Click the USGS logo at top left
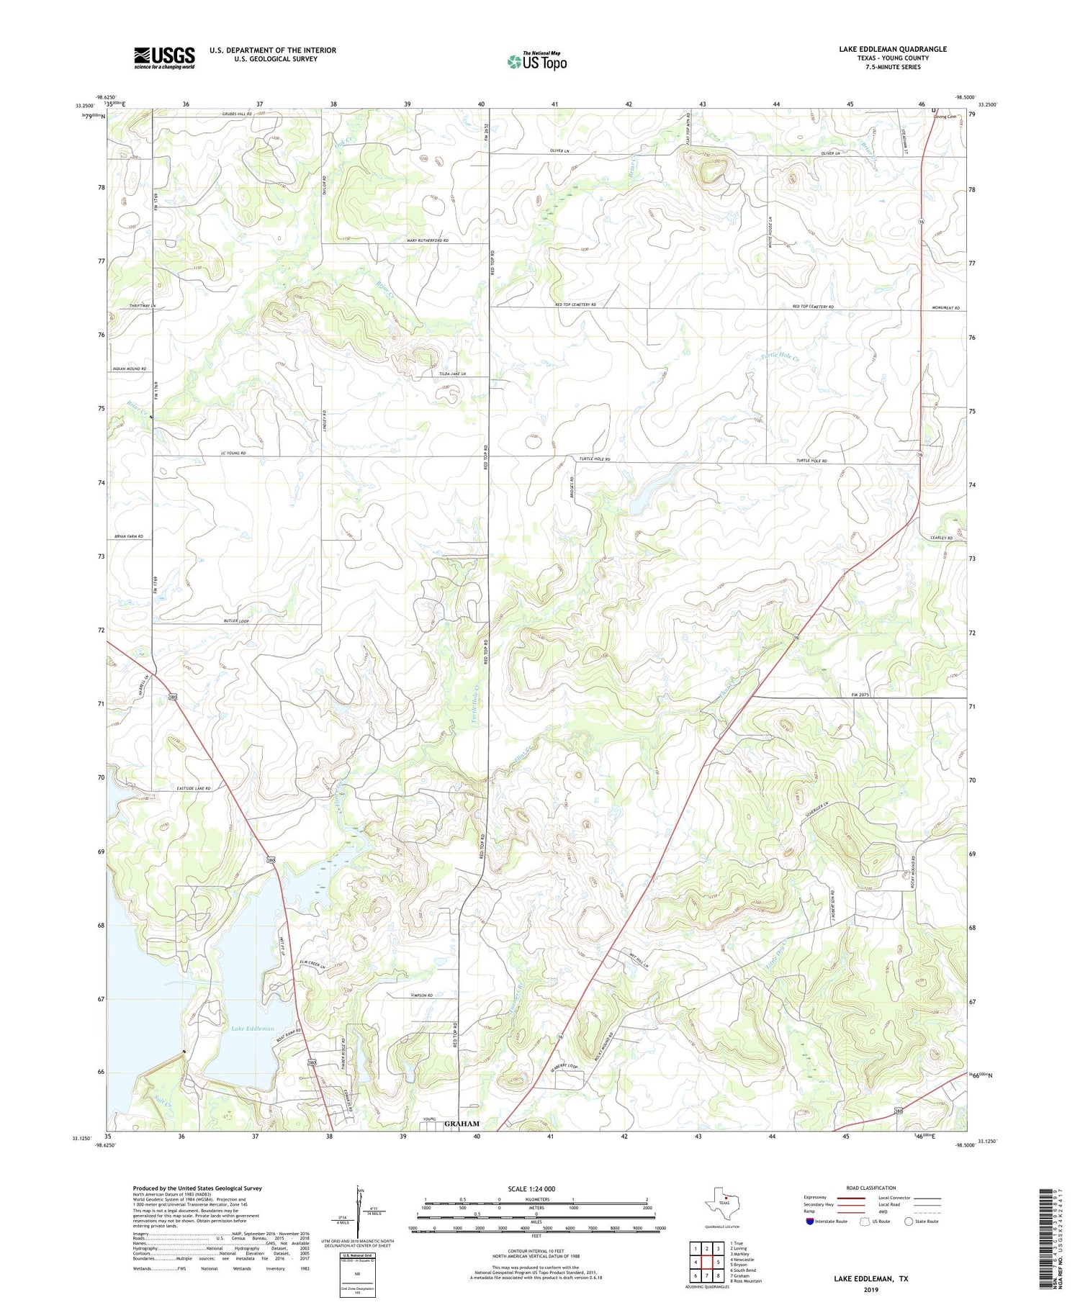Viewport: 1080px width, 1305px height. (x=164, y=58)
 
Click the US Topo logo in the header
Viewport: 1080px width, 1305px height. (x=537, y=62)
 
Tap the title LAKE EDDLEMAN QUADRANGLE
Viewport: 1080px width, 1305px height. (x=892, y=49)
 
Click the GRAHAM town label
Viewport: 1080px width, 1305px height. (x=462, y=1123)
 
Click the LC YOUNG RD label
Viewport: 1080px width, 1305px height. (x=233, y=453)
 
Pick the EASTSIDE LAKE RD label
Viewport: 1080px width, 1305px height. (x=194, y=789)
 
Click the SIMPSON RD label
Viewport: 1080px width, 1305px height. (x=421, y=995)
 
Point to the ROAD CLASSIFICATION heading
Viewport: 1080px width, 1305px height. (x=871, y=1188)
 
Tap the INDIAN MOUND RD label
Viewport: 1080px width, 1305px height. (x=130, y=369)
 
